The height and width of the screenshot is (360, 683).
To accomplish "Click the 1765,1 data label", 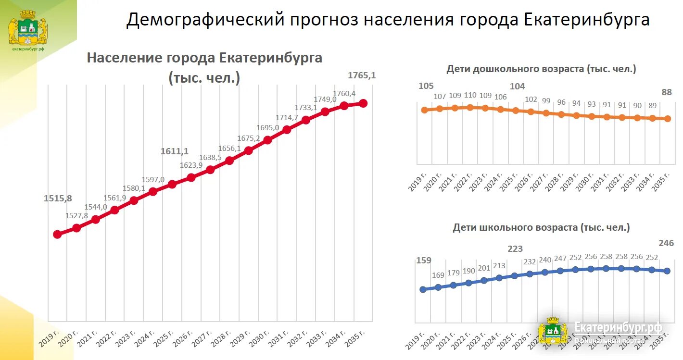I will pyautogui.click(x=362, y=75).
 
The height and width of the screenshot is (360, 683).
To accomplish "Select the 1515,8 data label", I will pyautogui.click(x=58, y=199).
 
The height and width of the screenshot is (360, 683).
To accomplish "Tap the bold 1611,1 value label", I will pyautogui.click(x=175, y=151).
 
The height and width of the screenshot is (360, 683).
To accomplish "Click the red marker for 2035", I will pyautogui.click(x=363, y=103).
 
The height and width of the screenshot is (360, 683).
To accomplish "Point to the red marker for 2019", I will pyautogui.click(x=57, y=234).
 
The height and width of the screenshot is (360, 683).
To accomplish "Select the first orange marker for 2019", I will pyautogui.click(x=424, y=110).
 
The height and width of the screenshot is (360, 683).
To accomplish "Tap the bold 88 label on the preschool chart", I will pyautogui.click(x=667, y=92).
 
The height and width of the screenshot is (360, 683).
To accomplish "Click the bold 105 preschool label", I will pyautogui.click(x=426, y=87).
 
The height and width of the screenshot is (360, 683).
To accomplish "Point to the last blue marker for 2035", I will pyautogui.click(x=667, y=271).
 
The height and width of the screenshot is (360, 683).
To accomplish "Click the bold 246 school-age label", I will pyautogui.click(x=666, y=244).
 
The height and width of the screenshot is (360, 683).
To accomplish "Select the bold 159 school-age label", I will pyautogui.click(x=424, y=261).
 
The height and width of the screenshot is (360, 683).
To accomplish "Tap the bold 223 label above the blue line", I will pyautogui.click(x=515, y=249).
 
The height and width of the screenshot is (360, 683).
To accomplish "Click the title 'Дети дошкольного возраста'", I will pyautogui.click(x=541, y=69).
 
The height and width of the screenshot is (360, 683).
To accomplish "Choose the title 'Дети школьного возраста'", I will pyautogui.click(x=541, y=228).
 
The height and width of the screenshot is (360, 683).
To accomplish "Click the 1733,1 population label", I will pyautogui.click(x=306, y=108).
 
